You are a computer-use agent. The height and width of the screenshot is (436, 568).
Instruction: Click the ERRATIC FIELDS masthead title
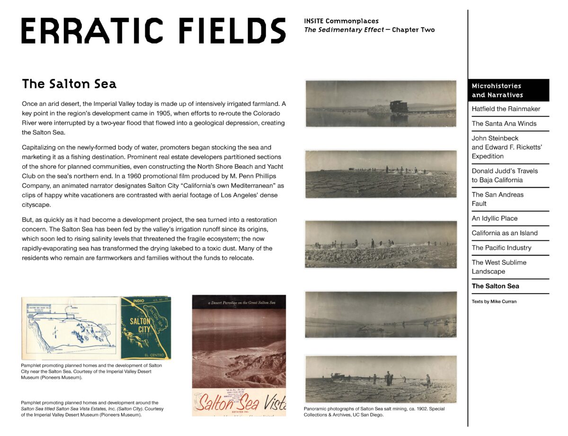click(x=153, y=31)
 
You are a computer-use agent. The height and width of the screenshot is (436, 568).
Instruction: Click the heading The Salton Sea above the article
click(x=69, y=84)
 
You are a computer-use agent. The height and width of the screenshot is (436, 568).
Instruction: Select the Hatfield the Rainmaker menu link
click(x=506, y=109)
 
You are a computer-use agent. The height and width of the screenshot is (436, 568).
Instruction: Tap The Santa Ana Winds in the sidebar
click(x=504, y=123)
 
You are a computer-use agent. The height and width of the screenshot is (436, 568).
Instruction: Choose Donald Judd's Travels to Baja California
click(x=505, y=175)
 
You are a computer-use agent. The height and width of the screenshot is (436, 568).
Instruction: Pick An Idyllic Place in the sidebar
click(x=494, y=218)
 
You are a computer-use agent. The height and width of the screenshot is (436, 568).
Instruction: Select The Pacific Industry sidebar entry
click(x=501, y=247)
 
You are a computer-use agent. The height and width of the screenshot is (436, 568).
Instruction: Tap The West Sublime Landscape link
click(x=498, y=267)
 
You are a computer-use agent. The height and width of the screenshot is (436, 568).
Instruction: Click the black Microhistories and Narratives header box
click(x=508, y=90)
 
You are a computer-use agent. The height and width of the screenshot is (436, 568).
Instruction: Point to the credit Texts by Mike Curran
click(x=494, y=301)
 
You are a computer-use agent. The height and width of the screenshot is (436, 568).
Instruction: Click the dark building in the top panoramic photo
click(x=398, y=106)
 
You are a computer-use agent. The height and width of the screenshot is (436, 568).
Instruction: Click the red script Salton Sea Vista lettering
click(x=240, y=403)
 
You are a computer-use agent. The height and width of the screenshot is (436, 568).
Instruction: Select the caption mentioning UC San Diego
click(x=374, y=411)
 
